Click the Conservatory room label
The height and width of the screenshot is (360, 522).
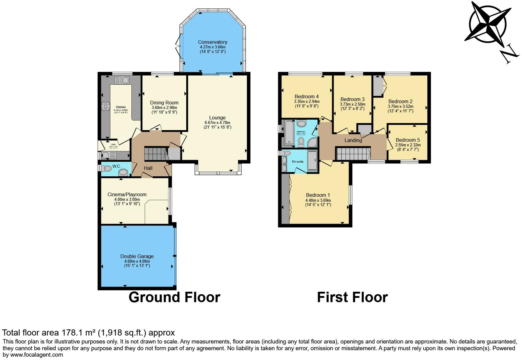pyautogui.click(x=212, y=42)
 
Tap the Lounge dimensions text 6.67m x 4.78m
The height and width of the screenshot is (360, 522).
pyautogui.click(x=217, y=122)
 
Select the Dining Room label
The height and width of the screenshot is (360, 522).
pyautogui.click(x=164, y=103)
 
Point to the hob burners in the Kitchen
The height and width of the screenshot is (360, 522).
pyautogui.click(x=106, y=106)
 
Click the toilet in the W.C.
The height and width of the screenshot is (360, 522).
pyautogui.click(x=106, y=168)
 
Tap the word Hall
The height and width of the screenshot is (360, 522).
pyautogui.click(x=148, y=168)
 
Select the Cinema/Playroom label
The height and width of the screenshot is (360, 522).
pyautogui.click(x=127, y=195)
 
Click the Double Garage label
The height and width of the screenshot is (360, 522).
pyautogui.click(x=137, y=257)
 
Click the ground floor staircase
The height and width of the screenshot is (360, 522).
pyautogui.click(x=155, y=153)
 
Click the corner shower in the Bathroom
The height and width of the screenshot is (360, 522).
pyautogui.click(x=313, y=142)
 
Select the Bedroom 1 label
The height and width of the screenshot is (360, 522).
pyautogui.click(x=318, y=195)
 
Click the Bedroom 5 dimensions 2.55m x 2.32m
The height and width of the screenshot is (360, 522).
pyautogui.click(x=408, y=145)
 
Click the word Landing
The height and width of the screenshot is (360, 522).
pyautogui.click(x=353, y=141)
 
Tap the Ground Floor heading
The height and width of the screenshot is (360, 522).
pyautogui.click(x=174, y=297)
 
